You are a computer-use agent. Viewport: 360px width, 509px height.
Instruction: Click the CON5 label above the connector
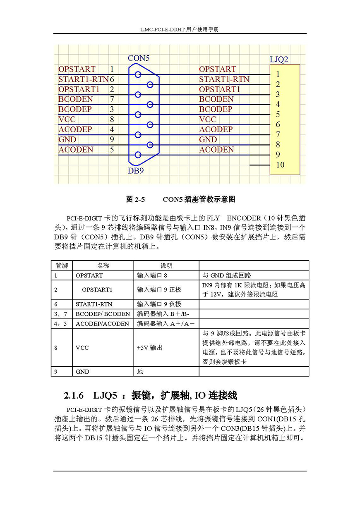click(x=138, y=58)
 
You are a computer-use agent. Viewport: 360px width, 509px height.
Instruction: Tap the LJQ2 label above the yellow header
click(x=279, y=60)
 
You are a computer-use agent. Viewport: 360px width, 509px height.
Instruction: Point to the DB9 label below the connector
click(x=136, y=170)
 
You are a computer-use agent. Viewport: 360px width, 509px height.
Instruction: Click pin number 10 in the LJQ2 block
click(x=280, y=165)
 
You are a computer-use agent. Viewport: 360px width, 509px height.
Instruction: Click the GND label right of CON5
click(x=208, y=140)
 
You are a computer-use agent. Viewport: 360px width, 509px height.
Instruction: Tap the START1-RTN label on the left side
click(x=83, y=79)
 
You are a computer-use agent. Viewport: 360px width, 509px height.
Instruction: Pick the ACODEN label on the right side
click(x=216, y=150)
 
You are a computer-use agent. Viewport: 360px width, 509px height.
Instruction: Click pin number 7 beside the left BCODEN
click(x=112, y=100)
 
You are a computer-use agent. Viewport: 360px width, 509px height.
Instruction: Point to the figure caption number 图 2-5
click(x=135, y=200)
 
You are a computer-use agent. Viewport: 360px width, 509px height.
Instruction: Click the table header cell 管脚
click(x=62, y=265)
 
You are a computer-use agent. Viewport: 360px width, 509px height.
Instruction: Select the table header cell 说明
click(x=166, y=265)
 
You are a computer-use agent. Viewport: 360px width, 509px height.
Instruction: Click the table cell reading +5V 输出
click(x=149, y=348)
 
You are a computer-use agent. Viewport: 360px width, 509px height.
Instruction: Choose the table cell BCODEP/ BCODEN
click(x=103, y=314)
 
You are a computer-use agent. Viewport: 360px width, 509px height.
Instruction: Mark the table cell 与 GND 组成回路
click(x=227, y=275)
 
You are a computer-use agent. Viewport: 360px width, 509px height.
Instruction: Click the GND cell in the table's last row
click(x=82, y=372)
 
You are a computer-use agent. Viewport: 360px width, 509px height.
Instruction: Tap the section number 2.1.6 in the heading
click(x=74, y=396)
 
